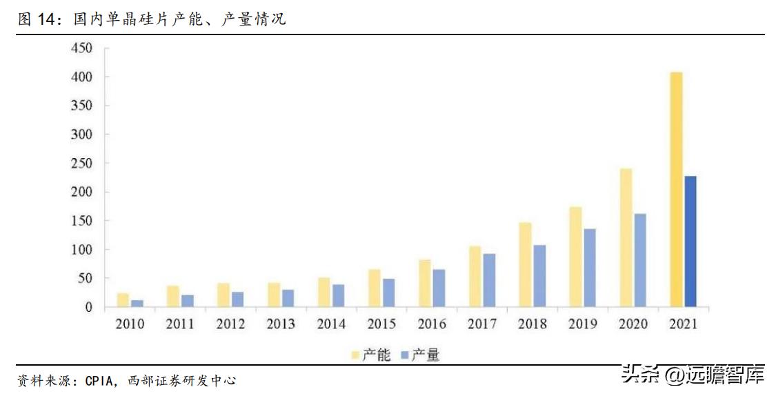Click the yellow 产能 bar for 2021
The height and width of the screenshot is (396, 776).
pyautogui.click(x=676, y=190)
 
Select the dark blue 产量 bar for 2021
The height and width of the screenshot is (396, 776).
pyautogui.click(x=690, y=241)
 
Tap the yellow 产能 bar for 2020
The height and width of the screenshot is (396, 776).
pyautogui.click(x=626, y=238)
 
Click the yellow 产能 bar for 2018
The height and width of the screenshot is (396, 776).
pyautogui.click(x=525, y=265)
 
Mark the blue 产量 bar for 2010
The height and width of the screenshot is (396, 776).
pyautogui.click(x=137, y=304)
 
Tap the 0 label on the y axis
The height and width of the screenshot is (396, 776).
pyautogui.click(x=88, y=308)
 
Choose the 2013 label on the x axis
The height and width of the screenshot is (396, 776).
pyautogui.click(x=281, y=324)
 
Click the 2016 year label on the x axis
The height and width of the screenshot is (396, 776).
pyautogui.click(x=431, y=324)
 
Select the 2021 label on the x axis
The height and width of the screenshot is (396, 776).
pyautogui.click(x=683, y=324)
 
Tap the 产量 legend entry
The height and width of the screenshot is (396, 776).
pyautogui.click(x=420, y=355)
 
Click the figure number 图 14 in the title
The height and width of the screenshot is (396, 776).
pyautogui.click(x=36, y=20)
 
